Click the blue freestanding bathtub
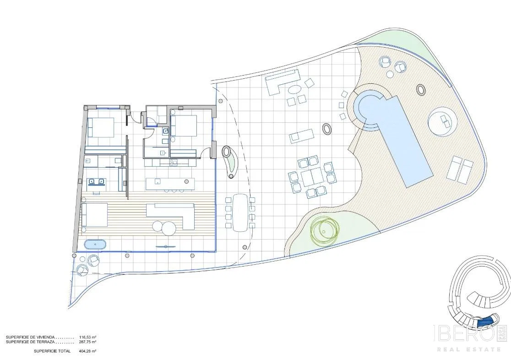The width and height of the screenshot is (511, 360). [x=95, y=244]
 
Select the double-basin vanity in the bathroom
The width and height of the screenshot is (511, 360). [x=97, y=182]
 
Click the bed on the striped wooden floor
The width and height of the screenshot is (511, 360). [x=94, y=214]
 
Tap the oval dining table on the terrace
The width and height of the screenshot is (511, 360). [x=240, y=212]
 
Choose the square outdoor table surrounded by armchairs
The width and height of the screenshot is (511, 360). [x=312, y=178]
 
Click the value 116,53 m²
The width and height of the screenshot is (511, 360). [x=87, y=337]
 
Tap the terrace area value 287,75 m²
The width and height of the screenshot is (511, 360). [x=87, y=342]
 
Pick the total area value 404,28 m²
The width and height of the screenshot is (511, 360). [x=87, y=351]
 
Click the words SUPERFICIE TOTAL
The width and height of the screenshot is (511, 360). [x=52, y=351]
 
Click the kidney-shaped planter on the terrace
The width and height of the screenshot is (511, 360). [x=229, y=161]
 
